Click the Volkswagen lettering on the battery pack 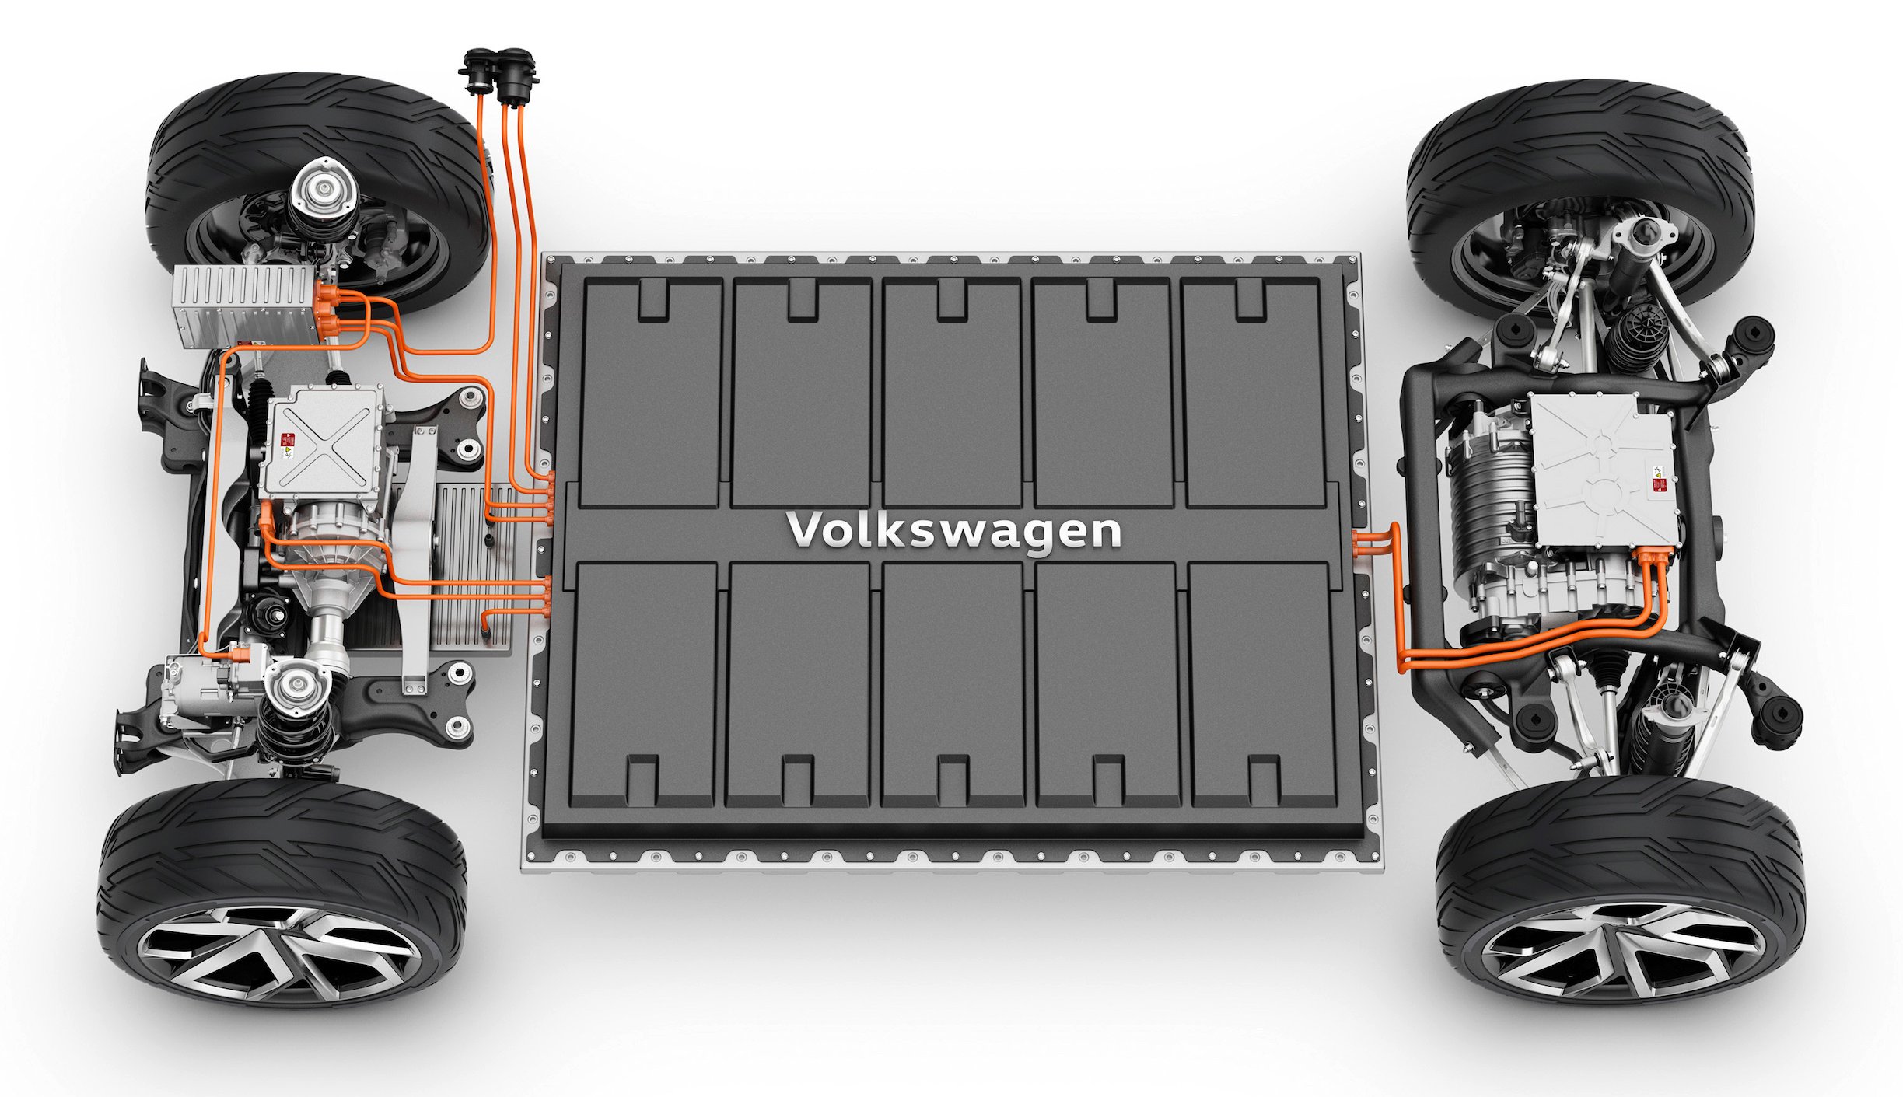click(953, 531)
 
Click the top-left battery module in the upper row click(652, 393)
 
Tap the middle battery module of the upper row click(952, 393)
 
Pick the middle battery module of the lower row click(953, 684)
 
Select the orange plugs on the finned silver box click(327, 309)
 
